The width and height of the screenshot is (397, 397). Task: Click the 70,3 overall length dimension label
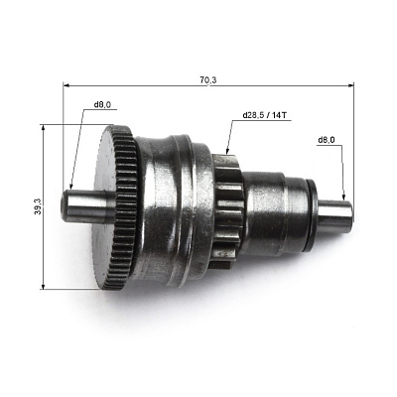tap(208, 79)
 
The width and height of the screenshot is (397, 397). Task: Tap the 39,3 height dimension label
tap(38, 206)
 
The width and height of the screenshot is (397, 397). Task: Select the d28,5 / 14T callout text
tap(265, 115)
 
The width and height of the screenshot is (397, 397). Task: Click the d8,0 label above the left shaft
tap(102, 105)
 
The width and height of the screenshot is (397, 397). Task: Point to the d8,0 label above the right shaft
tap(327, 140)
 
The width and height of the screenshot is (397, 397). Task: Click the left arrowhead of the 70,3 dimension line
tap(66, 85)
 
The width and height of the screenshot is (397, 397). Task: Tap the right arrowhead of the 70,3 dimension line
tap(350, 85)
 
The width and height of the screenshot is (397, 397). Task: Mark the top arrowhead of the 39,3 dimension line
tap(43, 128)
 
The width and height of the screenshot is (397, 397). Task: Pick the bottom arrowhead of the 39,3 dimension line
tap(43, 286)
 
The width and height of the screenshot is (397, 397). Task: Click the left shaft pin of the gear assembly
tap(87, 206)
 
